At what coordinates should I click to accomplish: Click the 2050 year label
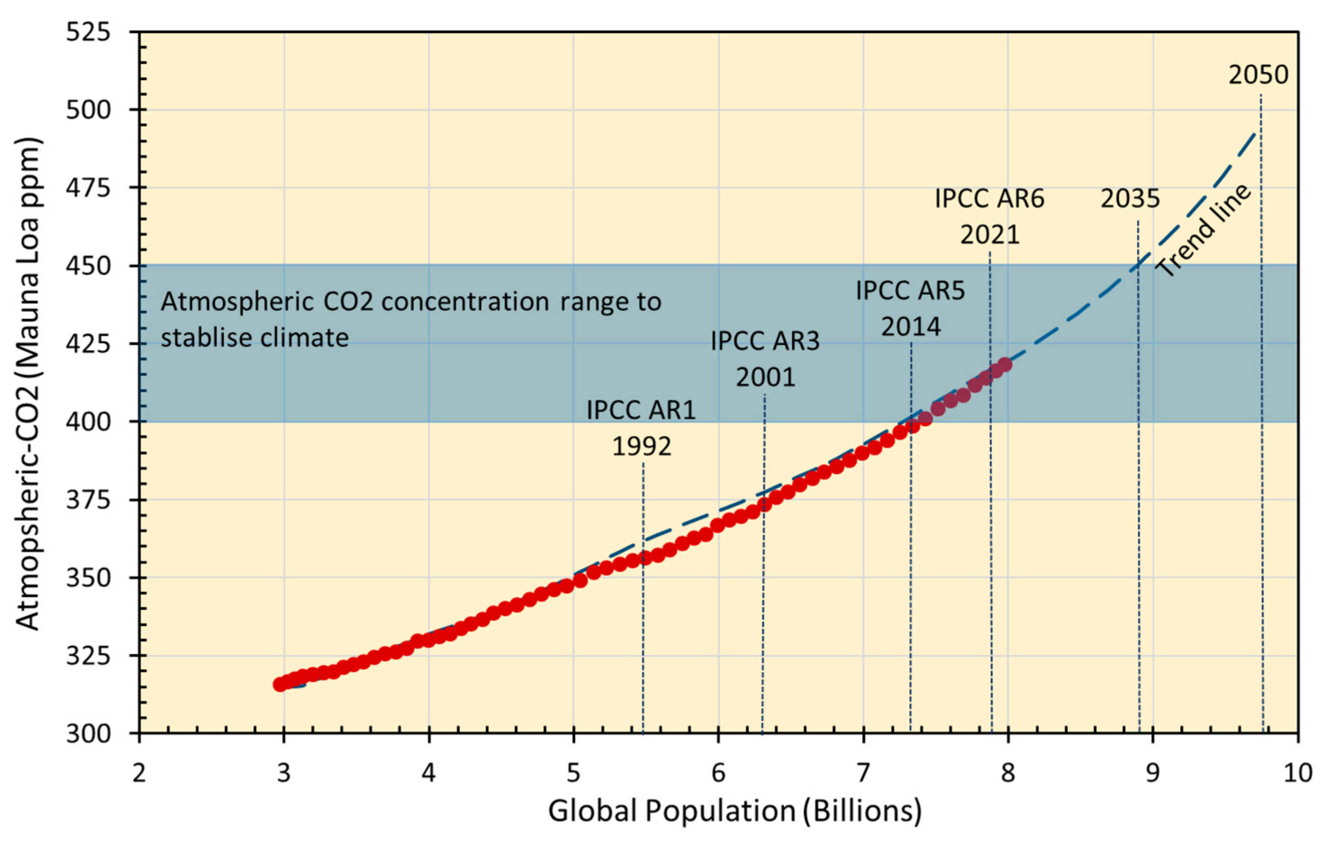(x=1258, y=75)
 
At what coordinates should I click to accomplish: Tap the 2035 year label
(x=1130, y=199)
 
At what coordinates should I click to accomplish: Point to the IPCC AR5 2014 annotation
(x=910, y=309)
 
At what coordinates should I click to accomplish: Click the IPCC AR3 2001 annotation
(x=765, y=359)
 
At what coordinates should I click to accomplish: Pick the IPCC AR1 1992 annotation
(x=641, y=428)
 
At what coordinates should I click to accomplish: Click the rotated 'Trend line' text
(x=1204, y=231)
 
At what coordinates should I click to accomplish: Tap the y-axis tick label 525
(x=88, y=32)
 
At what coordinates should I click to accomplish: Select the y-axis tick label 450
(x=88, y=266)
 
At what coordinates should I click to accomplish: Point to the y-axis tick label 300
(x=88, y=734)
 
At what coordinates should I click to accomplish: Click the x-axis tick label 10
(x=1298, y=774)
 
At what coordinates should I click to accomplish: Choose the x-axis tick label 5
(x=573, y=774)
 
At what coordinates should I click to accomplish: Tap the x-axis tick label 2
(x=139, y=774)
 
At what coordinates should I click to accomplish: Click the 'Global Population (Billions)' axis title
(x=735, y=811)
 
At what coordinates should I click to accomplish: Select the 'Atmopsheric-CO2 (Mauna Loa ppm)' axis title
(x=27, y=383)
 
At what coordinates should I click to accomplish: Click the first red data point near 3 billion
(x=281, y=685)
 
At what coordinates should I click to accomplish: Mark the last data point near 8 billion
(x=1005, y=365)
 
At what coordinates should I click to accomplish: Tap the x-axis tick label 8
(x=1008, y=774)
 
